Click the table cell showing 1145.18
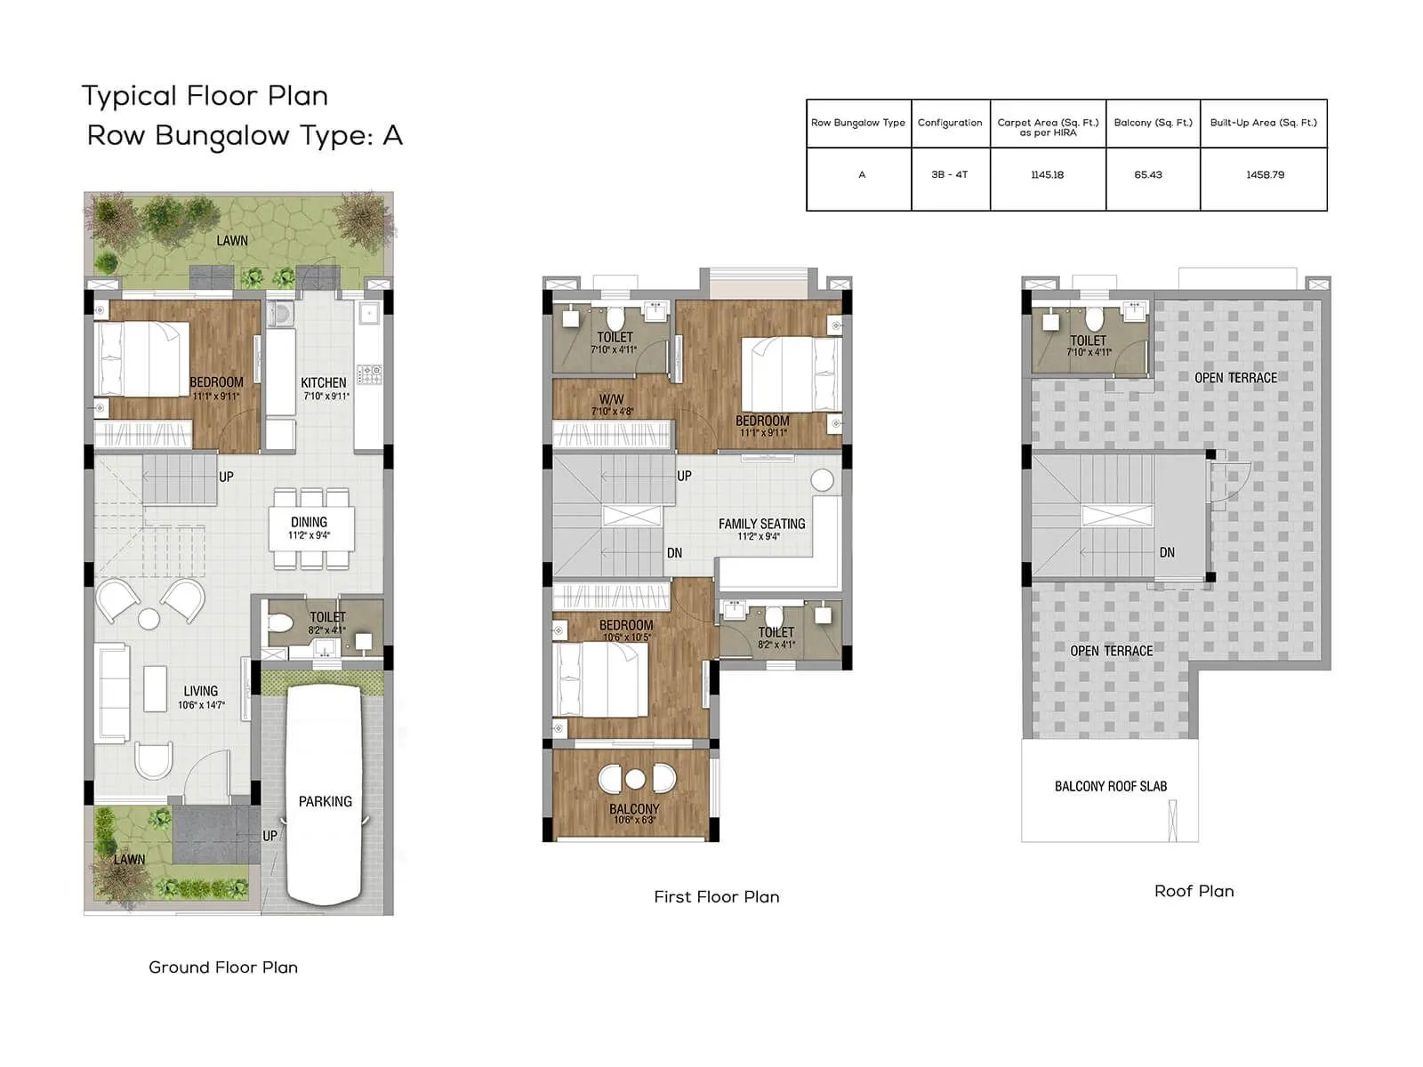pyautogui.click(x=1047, y=175)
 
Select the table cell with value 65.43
pyautogui.click(x=1147, y=175)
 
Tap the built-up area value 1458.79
pyautogui.click(x=1265, y=175)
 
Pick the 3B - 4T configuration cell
pyautogui.click(x=949, y=175)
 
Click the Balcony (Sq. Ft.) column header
pyautogui.click(x=1153, y=123)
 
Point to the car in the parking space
pyautogui.click(x=324, y=791)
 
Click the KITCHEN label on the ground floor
pyautogui.click(x=324, y=383)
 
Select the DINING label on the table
pyautogui.click(x=309, y=523)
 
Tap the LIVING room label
pyautogui.click(x=200, y=692)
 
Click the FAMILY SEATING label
pyautogui.click(x=761, y=525)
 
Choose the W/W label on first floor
pyautogui.click(x=611, y=400)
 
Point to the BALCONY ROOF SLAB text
pyautogui.click(x=1110, y=787)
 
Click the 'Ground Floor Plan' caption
pyautogui.click(x=223, y=967)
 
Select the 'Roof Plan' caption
pyautogui.click(x=1194, y=891)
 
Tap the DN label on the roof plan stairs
pyautogui.click(x=1167, y=553)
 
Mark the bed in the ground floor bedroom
pyautogui.click(x=142, y=358)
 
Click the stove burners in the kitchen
pyautogui.click(x=369, y=373)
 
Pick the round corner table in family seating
pyautogui.click(x=822, y=481)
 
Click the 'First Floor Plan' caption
pyautogui.click(x=716, y=897)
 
